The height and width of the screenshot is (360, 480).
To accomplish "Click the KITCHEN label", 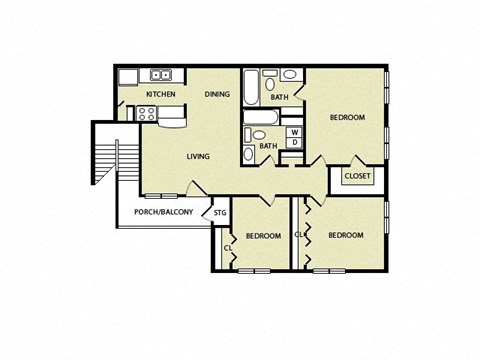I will [160, 95].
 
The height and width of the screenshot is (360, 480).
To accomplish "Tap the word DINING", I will [217, 95].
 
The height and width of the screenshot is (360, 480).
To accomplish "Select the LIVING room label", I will [198, 156].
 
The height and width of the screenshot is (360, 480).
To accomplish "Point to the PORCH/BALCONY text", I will [162, 212].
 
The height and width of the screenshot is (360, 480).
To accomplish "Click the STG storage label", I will [219, 212].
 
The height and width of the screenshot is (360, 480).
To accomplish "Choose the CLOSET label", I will [357, 176].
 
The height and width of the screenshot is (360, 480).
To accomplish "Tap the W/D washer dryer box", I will [294, 137].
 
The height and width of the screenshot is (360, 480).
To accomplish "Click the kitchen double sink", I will [160, 75].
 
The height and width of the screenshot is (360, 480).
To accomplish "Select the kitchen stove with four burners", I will [146, 113].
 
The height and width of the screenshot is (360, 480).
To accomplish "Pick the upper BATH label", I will [280, 97].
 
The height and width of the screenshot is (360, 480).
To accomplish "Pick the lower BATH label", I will [268, 146].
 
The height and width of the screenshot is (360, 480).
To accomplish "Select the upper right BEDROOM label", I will [347, 118].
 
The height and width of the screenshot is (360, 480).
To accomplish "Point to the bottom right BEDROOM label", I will [345, 235].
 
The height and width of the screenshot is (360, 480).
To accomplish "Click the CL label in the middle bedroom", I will [227, 247].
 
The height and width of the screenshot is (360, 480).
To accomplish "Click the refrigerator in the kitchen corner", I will [128, 77].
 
